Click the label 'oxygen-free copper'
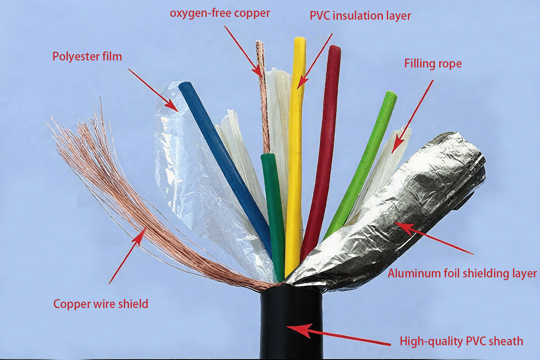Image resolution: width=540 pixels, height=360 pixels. [220, 13]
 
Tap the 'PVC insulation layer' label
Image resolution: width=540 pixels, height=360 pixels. [360, 16]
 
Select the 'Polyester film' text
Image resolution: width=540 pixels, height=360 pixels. [87, 57]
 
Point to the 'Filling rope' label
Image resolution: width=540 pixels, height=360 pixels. [433, 64]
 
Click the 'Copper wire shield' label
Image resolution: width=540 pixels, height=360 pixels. [101, 304]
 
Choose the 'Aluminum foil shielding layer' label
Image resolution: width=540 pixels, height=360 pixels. [462, 274]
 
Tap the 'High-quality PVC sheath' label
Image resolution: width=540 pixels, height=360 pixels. [461, 341]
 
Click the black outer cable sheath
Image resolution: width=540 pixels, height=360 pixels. [291, 323]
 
